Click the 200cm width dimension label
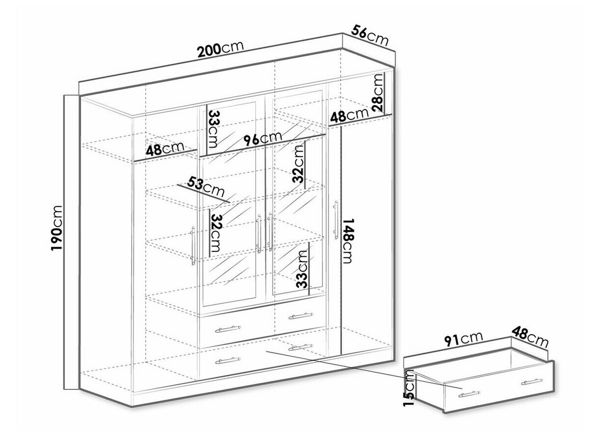(220, 49)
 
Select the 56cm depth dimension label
(370, 35)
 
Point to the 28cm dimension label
(377, 93)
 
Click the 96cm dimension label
(263, 139)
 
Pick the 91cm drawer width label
(463, 339)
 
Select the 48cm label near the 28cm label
(349, 115)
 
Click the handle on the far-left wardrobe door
(193, 246)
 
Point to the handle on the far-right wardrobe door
(335, 220)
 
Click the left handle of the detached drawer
(469, 394)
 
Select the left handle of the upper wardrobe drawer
(228, 329)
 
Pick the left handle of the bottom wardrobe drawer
(228, 361)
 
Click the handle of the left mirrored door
(259, 234)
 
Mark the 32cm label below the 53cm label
(215, 233)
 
